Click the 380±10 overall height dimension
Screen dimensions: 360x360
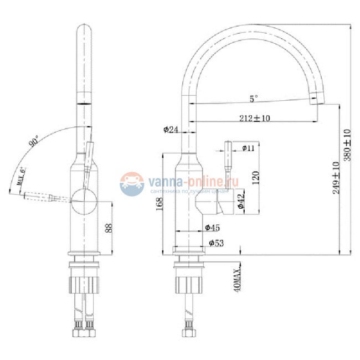click(x=348, y=145)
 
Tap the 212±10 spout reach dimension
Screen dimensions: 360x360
click(x=255, y=118)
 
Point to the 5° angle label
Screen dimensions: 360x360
click(x=253, y=99)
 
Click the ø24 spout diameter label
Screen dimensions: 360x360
click(x=171, y=130)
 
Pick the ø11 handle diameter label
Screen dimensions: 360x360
click(x=248, y=148)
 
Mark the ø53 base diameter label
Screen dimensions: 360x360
click(x=215, y=243)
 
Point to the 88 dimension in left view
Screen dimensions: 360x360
click(x=109, y=227)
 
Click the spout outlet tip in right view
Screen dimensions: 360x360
click(x=315, y=103)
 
